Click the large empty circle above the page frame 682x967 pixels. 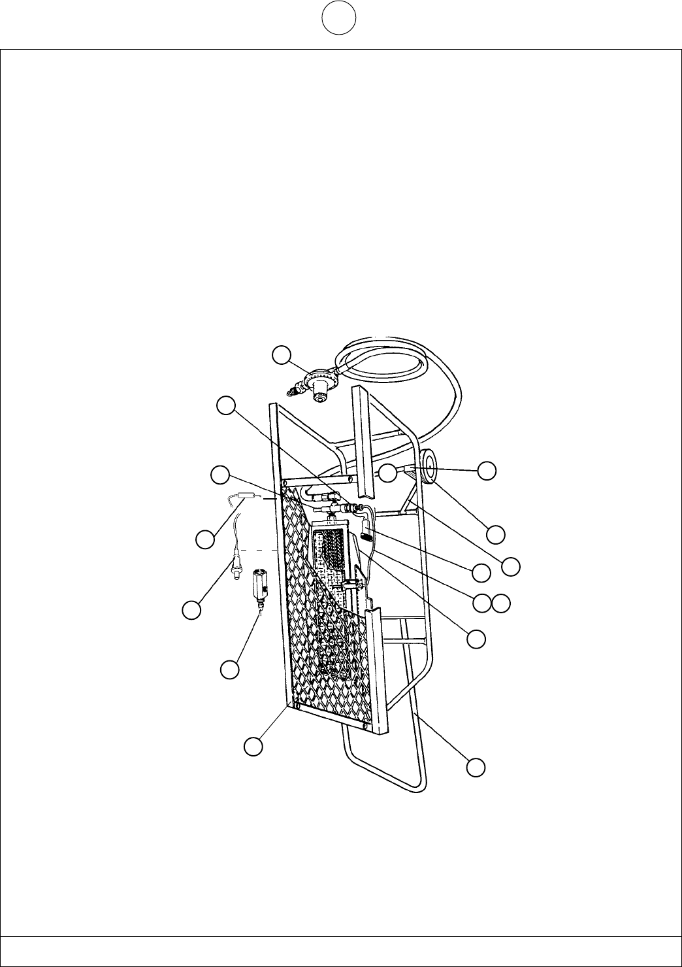pyautogui.click(x=338, y=20)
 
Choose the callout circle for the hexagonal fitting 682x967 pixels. pyautogui.click(x=228, y=669)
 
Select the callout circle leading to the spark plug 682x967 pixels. pyautogui.click(x=191, y=609)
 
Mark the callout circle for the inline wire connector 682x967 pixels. pyautogui.click(x=204, y=539)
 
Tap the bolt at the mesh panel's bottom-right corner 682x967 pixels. pyautogui.click(x=364, y=726)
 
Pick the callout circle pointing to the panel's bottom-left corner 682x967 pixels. pyautogui.click(x=253, y=745)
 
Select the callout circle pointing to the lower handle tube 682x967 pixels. pyautogui.click(x=476, y=767)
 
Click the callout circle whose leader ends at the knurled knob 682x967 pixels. pyautogui.click(x=481, y=571)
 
